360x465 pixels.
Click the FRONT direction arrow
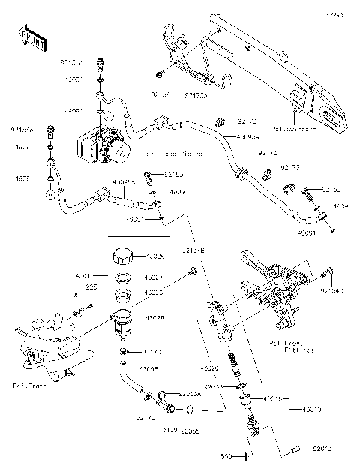coord(30,35)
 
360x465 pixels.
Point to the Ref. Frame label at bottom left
coord(29,385)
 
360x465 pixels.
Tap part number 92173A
coord(196,95)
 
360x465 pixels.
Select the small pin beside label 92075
coord(295,448)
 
